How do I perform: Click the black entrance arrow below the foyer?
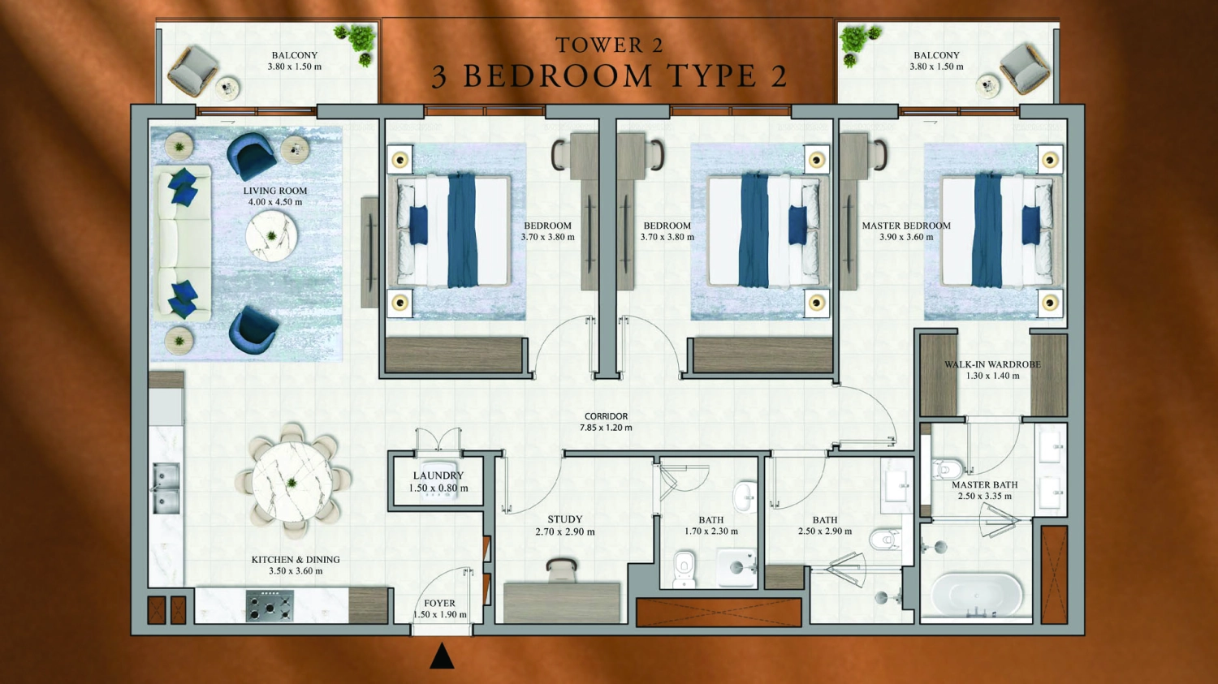[442, 656]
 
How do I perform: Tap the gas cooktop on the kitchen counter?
[270, 605]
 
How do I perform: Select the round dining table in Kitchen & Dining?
[292, 482]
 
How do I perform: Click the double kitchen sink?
[166, 488]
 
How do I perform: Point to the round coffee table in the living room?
[271, 236]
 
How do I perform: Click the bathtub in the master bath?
[976, 595]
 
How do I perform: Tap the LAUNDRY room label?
[438, 475]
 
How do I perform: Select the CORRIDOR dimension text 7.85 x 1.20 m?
[606, 428]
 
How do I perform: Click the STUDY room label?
[564, 519]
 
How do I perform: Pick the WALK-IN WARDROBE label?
[991, 364]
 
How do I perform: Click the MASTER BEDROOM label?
[905, 226]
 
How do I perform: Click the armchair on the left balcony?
[192, 70]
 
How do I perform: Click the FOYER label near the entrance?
[439, 603]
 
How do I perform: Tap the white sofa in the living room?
[183, 243]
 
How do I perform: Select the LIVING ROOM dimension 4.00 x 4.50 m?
[275, 202]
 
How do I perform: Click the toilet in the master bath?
[947, 469]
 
